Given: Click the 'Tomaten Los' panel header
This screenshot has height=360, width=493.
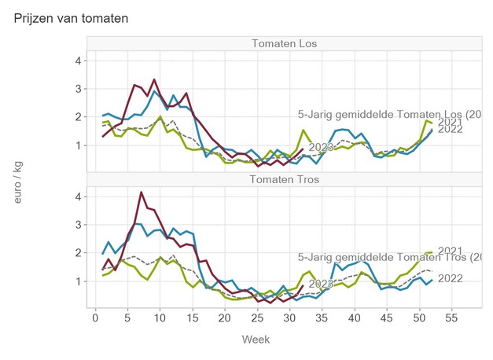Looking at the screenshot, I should (x=284, y=43).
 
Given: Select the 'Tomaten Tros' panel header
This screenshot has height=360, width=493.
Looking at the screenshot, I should (x=284, y=179).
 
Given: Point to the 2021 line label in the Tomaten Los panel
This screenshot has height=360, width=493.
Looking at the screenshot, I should (x=450, y=122).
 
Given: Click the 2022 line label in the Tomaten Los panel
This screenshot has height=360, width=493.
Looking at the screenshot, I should (x=450, y=130).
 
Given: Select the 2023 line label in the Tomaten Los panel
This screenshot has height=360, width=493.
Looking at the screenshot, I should (x=321, y=147).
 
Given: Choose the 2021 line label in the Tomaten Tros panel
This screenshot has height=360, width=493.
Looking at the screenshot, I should (x=450, y=252).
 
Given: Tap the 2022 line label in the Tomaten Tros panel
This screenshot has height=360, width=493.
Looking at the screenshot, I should (x=450, y=278).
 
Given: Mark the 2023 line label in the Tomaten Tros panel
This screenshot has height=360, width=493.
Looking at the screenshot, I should (x=321, y=284).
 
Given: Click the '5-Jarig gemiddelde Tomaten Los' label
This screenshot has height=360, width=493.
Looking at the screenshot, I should (x=390, y=115).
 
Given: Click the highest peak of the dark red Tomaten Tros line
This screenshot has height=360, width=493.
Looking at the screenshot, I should (x=141, y=192).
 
